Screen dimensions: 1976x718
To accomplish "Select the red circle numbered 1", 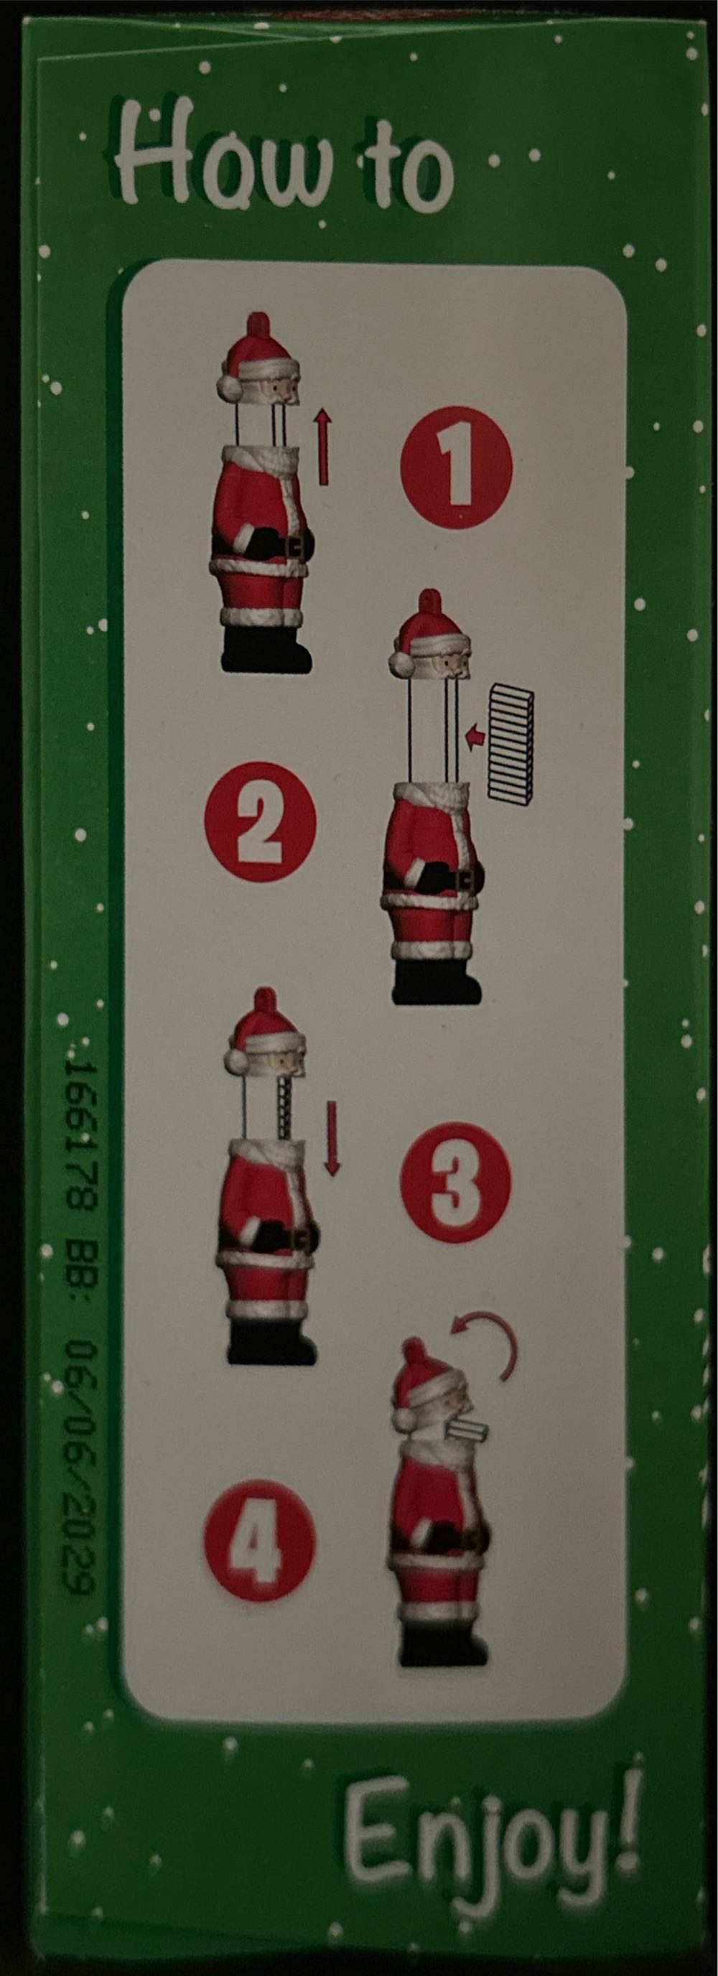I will tap(456, 467).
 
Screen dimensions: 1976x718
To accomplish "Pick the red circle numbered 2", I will tap(260, 821).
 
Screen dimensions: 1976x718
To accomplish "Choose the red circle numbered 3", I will tap(455, 1182).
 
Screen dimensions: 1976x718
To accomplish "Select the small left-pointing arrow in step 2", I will tap(475, 737).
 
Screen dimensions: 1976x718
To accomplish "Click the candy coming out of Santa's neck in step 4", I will tap(463, 1428).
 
